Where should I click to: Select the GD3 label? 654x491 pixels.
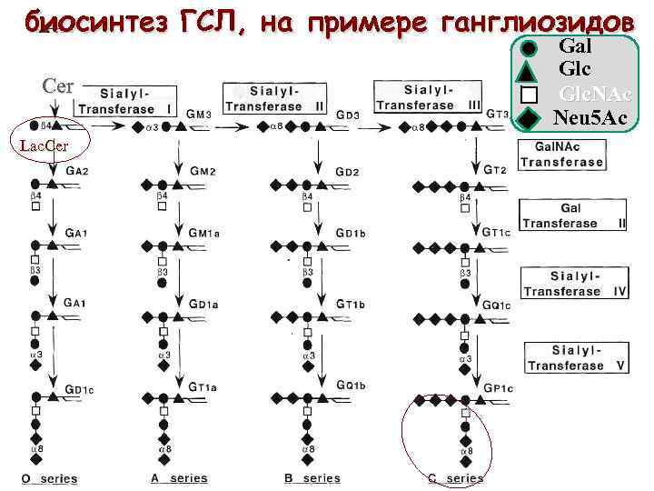pos(348,115)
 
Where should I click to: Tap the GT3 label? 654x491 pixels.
pos(497,114)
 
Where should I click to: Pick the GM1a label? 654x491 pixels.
pos(204,234)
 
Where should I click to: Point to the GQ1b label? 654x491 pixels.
pos(351,386)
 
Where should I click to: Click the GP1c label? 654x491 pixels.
pos(499,388)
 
